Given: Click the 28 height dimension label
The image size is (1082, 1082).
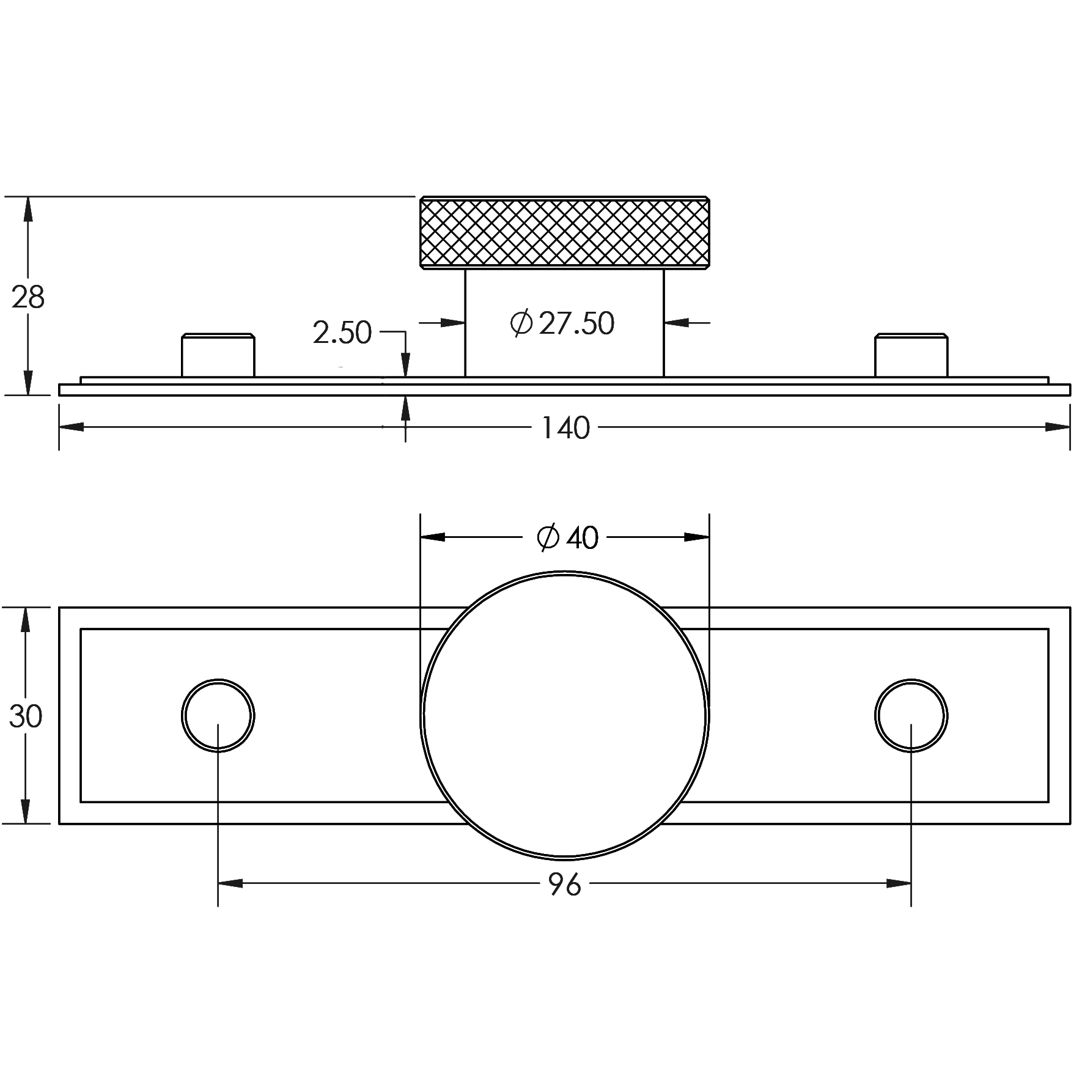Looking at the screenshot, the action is (28, 297).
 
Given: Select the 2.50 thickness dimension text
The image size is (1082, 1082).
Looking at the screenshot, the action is (342, 333).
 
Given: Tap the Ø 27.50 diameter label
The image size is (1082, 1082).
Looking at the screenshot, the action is (562, 323).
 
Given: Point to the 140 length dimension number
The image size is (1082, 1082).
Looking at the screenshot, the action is (566, 428).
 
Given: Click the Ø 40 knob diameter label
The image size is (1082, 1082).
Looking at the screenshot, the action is (568, 538).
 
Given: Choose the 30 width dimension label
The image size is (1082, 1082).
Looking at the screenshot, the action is (26, 716).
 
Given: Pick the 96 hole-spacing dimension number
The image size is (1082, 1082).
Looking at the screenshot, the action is (565, 884).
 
